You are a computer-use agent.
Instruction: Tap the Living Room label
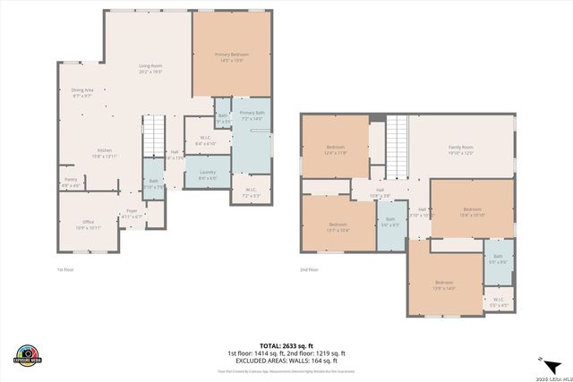point(150,68)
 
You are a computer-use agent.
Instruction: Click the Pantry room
point(70,183)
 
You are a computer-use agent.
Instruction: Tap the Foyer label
point(132,213)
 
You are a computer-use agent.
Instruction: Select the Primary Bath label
point(252,115)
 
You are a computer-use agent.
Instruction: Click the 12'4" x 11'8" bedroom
point(336,149)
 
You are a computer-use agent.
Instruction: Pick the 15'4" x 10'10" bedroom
point(472,213)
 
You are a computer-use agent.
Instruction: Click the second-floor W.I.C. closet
point(499,302)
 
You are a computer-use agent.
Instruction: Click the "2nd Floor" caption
point(309,268)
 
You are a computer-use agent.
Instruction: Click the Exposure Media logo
point(29,354)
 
